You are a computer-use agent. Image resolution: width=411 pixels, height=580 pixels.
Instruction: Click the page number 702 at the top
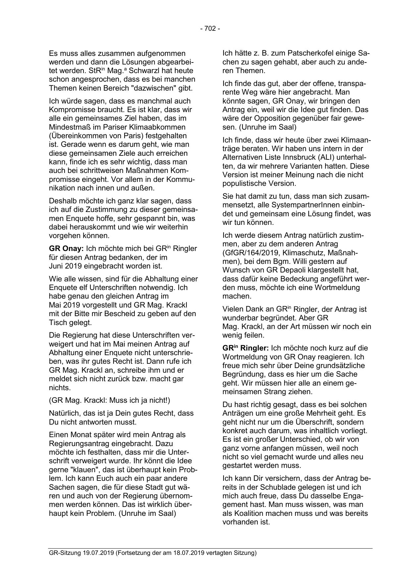click(x=210, y=29)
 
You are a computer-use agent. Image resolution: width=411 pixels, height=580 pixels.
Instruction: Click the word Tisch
click(x=57, y=322)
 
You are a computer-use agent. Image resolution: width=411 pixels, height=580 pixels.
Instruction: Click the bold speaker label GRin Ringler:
click(x=245, y=348)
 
